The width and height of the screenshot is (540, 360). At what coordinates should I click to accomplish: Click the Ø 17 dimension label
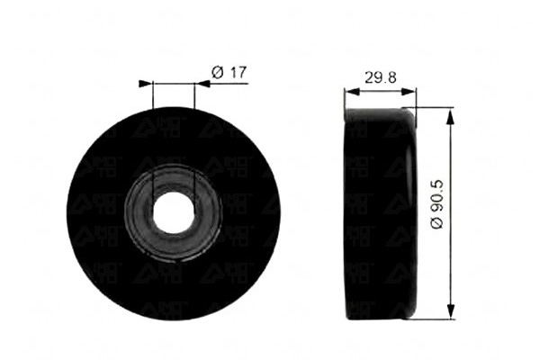click(x=229, y=73)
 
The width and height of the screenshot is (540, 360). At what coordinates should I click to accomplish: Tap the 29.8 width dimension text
click(x=380, y=77)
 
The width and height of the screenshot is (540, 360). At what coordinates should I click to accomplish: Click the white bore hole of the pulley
click(x=174, y=211)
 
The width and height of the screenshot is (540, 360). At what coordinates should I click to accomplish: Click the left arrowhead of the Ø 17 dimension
click(x=145, y=84)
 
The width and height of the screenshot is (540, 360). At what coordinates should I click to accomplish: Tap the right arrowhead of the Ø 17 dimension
click(x=202, y=84)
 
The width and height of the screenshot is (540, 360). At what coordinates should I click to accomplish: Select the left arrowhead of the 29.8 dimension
click(x=352, y=92)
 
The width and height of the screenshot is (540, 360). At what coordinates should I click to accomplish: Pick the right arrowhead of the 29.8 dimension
click(x=409, y=92)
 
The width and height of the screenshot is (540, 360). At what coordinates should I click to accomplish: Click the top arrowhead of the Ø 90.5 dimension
click(x=451, y=117)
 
